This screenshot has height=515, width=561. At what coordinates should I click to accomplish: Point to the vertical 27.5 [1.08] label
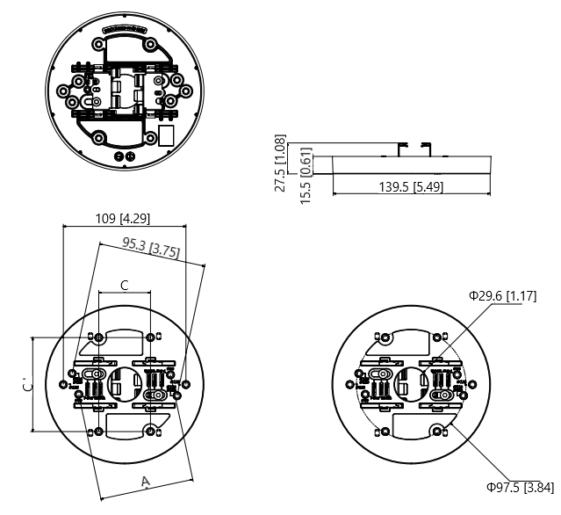[x=280, y=163]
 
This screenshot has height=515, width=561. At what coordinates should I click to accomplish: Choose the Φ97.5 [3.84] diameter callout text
[x=520, y=487]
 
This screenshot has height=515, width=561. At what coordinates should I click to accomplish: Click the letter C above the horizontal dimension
[x=124, y=286]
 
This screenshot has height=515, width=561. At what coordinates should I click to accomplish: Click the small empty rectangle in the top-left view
[x=165, y=136]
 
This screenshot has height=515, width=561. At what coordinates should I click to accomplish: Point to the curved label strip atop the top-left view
[x=124, y=29]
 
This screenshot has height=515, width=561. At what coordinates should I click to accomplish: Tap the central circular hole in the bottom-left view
[x=125, y=384]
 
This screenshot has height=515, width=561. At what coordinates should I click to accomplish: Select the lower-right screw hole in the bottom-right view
[x=437, y=429]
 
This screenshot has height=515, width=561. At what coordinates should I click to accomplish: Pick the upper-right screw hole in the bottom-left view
[x=154, y=337]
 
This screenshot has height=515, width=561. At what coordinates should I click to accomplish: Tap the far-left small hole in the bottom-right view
[x=359, y=375]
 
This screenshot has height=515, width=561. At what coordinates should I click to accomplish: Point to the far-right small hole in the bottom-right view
[x=465, y=384]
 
